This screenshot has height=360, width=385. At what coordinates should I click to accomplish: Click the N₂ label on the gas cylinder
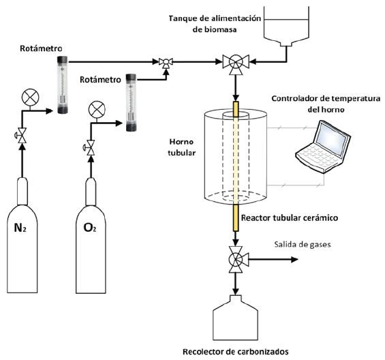[20, 228]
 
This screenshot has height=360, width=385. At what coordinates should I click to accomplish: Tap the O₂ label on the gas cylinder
[90, 228]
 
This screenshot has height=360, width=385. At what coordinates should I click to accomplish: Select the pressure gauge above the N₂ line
[30, 97]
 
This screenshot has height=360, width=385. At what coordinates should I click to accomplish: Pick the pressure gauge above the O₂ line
[97, 109]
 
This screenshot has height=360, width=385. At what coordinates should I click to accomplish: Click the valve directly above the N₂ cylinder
[22, 136]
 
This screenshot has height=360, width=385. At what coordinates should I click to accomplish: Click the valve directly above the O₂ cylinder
[91, 148]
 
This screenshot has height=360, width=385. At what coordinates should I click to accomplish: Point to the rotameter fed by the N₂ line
[63, 85]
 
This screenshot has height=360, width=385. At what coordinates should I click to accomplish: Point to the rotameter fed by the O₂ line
[131, 102]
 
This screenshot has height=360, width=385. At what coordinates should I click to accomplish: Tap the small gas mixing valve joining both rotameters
[166, 63]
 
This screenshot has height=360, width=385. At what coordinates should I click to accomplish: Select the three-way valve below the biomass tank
[236, 63]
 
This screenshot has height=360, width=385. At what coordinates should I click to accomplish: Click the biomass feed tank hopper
[286, 27]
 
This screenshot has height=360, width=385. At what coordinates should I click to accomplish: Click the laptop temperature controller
[323, 146]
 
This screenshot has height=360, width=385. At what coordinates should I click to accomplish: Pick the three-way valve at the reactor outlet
[236, 260]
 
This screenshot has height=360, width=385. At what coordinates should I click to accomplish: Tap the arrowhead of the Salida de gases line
[294, 259]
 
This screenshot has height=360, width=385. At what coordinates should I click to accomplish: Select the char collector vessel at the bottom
[235, 317]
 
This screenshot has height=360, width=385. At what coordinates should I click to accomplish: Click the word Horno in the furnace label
[181, 142]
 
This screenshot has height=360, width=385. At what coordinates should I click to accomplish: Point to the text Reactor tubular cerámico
[290, 217]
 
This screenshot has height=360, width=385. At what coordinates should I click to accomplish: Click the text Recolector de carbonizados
[236, 352]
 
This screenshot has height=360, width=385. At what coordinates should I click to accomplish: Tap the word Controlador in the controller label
[295, 99]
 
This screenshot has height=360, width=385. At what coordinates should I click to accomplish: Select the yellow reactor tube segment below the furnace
[236, 217]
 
